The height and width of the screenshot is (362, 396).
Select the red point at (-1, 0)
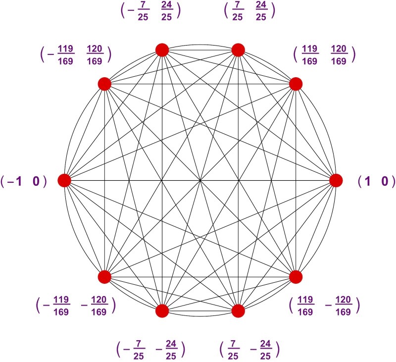64,181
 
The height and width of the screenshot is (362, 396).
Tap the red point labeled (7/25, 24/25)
238,50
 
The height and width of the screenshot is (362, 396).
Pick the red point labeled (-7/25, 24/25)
162,50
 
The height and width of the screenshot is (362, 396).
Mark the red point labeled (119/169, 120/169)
296,84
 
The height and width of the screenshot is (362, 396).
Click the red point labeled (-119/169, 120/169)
104,84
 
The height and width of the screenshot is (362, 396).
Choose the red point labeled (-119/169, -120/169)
104,277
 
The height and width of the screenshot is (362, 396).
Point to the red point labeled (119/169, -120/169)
296,277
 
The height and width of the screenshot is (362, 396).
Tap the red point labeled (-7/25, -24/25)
162,311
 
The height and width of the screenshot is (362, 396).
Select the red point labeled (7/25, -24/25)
238,311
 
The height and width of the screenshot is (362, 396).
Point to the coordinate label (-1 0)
24,182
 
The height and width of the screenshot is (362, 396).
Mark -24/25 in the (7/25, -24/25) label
262,349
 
